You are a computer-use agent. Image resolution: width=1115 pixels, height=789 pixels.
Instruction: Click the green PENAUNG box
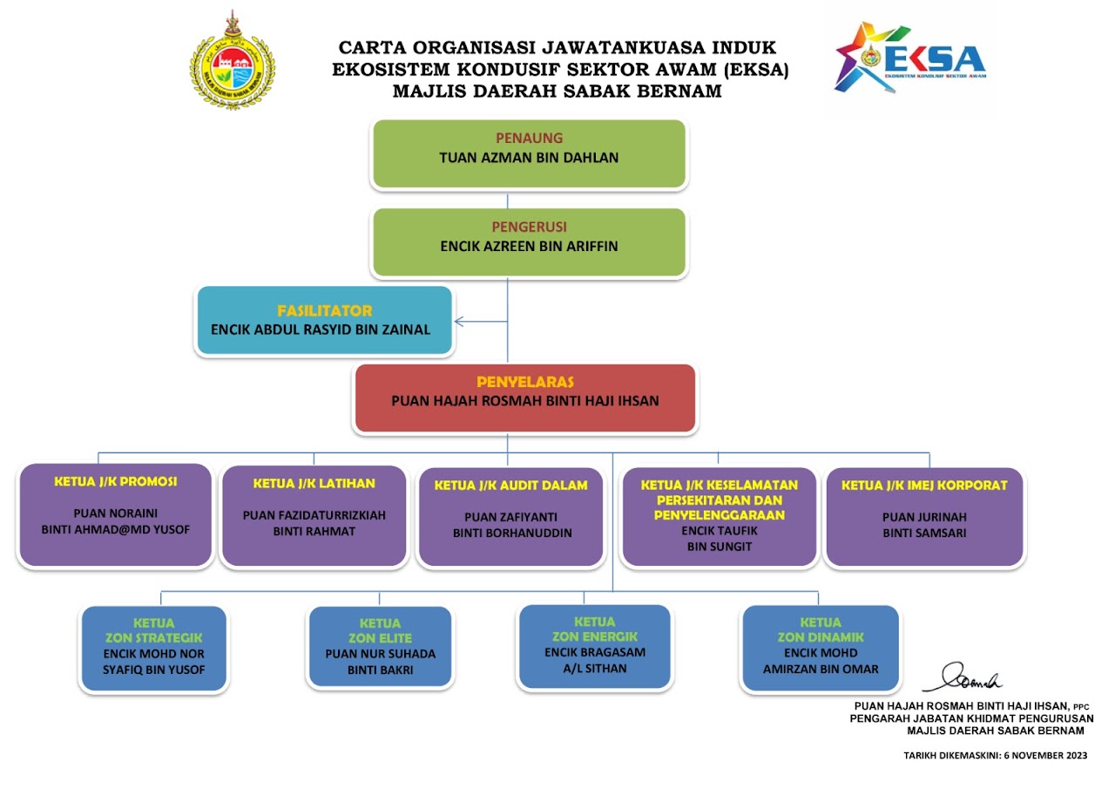529,153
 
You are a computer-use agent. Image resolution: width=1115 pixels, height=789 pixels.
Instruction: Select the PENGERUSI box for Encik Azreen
529,241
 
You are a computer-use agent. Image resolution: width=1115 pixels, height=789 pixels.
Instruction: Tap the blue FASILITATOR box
324,321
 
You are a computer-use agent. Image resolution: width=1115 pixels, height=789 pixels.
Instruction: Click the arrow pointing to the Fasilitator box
462,322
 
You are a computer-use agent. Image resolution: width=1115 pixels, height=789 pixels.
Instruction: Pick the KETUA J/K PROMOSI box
116,515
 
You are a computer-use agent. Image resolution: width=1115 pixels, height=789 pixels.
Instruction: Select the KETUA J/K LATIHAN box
314,516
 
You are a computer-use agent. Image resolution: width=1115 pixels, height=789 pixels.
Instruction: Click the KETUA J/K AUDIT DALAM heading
510,486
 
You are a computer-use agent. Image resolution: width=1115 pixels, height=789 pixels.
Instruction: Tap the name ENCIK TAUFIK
718,530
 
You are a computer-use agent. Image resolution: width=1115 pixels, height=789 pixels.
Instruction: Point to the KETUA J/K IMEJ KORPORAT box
924,516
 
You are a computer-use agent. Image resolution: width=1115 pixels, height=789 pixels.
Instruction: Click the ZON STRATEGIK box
154,649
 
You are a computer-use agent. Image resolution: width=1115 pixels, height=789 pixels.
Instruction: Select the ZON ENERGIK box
595,646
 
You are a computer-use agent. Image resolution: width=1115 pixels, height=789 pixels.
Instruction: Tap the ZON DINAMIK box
820,648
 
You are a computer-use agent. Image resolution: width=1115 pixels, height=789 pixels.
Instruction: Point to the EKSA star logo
858,58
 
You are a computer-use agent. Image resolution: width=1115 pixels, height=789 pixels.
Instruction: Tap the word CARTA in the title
369,48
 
